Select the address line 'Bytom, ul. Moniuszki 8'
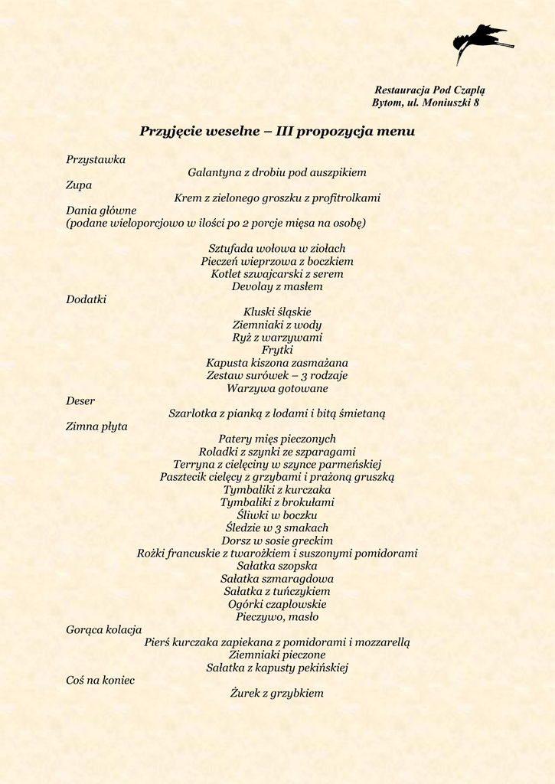tap(426, 103)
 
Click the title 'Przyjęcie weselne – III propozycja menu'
tap(277, 131)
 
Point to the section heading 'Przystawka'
tap(96, 160)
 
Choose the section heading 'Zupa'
tap(79, 185)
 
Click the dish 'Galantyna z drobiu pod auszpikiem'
tap(277, 172)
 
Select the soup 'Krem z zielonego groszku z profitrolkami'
tap(277, 198)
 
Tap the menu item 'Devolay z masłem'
tap(277, 286)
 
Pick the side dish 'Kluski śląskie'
tap(277, 312)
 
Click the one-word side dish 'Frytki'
tap(277, 350)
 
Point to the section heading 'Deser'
tap(80, 400)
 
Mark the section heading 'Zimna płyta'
tap(96, 426)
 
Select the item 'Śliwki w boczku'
tap(277, 515)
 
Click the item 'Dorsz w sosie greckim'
tap(277, 541)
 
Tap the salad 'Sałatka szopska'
tap(277, 566)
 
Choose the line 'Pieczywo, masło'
tap(277, 616)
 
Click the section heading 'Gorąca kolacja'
tap(103, 629)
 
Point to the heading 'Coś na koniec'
tap(100, 680)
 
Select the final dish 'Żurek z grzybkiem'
tap(277, 693)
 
